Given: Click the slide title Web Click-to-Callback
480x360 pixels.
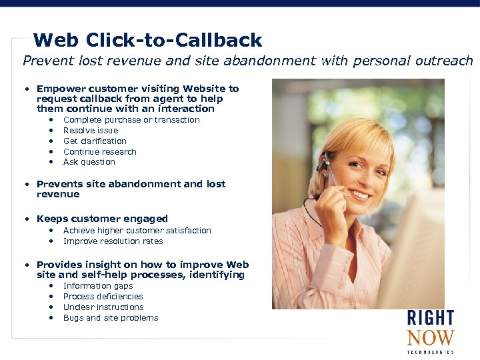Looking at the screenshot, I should [147, 41].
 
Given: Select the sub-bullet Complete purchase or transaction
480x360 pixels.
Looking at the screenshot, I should [131, 120].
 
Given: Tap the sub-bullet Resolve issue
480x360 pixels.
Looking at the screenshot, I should [90, 131].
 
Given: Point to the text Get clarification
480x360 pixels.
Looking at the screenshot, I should [95, 141].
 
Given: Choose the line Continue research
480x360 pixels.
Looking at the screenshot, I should [99, 152].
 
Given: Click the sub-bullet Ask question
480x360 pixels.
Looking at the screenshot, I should [89, 162].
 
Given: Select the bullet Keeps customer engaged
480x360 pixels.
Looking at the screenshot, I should [102, 219].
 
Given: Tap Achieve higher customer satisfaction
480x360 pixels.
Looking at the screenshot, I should [137, 231].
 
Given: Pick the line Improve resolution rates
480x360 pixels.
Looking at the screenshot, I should [113, 241].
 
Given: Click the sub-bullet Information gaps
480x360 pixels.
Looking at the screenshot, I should [98, 286].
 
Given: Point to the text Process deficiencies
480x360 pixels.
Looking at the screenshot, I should [103, 297].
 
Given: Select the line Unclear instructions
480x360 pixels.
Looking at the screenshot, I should [103, 307].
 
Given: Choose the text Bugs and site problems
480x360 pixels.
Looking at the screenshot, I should [111, 318].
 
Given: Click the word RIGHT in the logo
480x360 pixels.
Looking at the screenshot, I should [431, 319].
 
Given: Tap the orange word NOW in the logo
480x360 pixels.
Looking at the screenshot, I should [431, 338].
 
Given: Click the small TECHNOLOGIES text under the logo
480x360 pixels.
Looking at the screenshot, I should [431, 352].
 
